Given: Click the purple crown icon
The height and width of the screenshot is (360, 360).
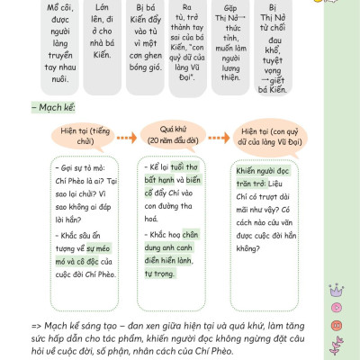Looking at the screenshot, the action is pyautogui.click(x=337, y=291).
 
